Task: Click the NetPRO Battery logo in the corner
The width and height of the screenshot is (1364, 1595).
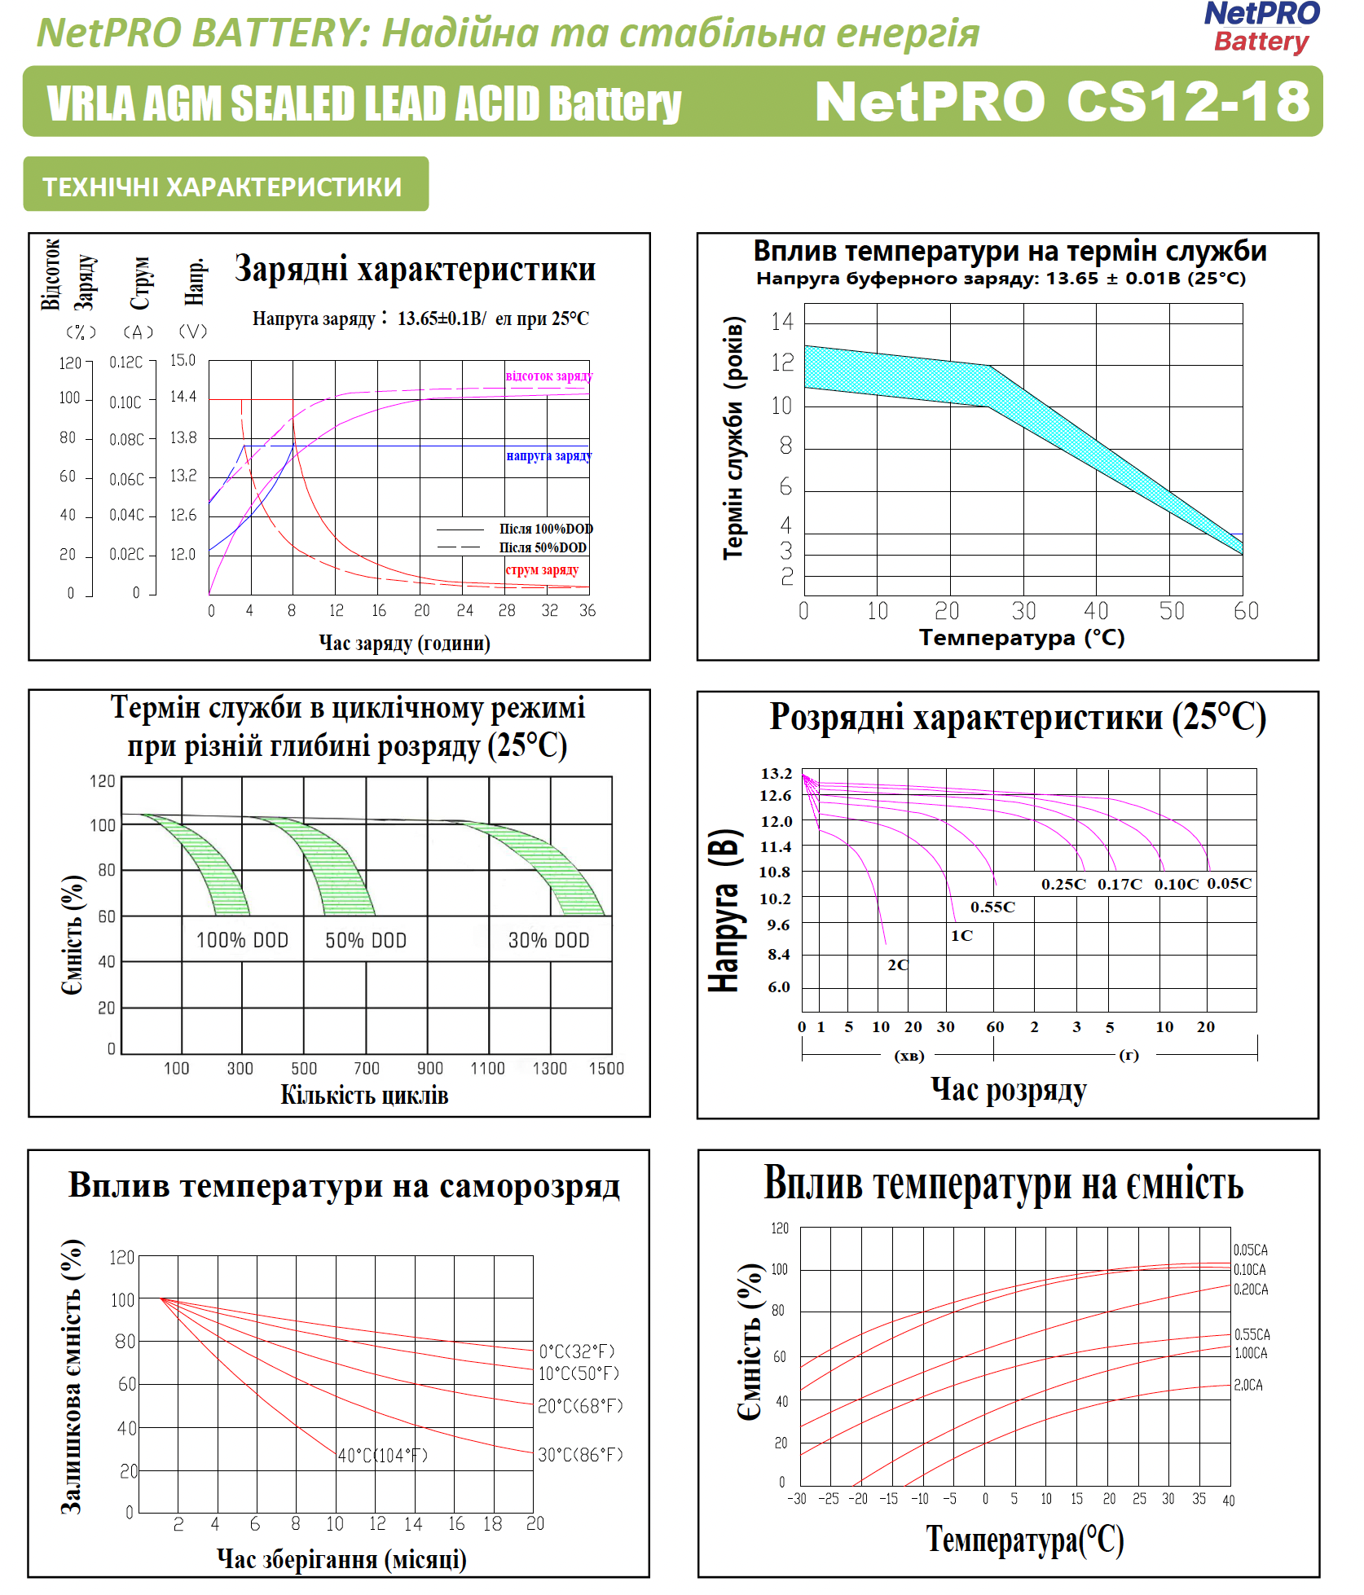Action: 1261,27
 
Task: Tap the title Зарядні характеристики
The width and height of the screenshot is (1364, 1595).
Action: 415,269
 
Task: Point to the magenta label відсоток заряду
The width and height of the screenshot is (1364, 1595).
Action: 548,376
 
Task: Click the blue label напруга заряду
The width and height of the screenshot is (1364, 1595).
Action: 548,456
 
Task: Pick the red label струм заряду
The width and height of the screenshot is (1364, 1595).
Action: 542,570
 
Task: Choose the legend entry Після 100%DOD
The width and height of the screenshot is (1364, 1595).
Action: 545,529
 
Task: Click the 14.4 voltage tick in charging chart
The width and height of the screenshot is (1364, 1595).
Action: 183,397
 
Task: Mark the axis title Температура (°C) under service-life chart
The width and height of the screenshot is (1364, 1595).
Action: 1022,638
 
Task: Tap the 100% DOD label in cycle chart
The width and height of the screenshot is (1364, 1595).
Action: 242,941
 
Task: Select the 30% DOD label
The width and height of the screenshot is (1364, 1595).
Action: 548,941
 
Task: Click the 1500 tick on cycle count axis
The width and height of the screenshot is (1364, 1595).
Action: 606,1069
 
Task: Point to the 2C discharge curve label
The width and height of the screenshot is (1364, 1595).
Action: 897,965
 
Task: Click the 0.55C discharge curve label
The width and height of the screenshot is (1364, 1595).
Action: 992,907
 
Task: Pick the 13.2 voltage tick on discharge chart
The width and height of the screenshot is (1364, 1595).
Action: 776,773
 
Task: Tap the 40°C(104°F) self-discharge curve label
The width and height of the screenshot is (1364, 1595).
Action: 383,1456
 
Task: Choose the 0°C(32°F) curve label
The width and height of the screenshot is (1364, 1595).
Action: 577,1351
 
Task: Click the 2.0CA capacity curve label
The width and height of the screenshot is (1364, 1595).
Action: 1248,1385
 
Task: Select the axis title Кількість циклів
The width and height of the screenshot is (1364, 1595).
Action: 364,1096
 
